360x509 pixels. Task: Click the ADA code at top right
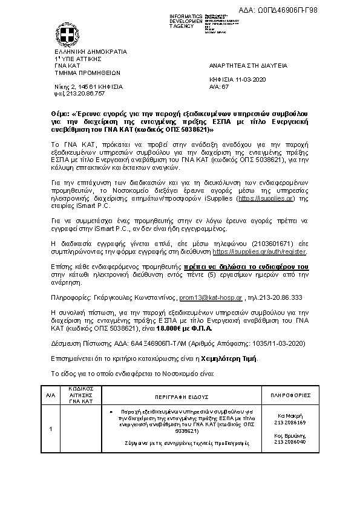(304, 9)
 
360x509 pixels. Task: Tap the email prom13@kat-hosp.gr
(211, 298)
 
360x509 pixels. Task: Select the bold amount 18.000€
(169, 329)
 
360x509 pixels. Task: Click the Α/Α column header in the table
(50, 395)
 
